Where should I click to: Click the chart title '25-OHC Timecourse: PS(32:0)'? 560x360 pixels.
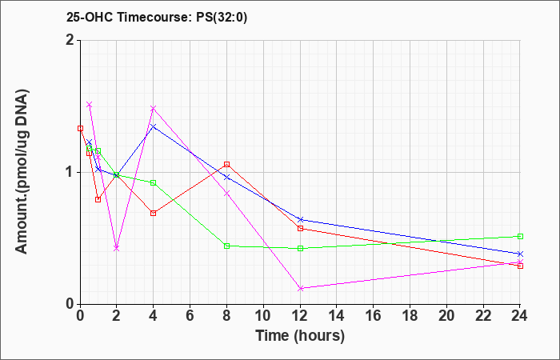[x=157, y=17]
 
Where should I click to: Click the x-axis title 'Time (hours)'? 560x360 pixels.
[x=300, y=336]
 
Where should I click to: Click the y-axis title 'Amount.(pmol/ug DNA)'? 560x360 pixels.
[x=22, y=171]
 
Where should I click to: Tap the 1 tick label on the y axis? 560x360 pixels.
[x=71, y=173]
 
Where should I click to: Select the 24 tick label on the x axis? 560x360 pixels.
[x=520, y=316]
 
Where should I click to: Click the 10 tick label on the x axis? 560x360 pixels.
[x=263, y=316]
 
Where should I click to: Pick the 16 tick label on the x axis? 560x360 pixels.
[x=374, y=316]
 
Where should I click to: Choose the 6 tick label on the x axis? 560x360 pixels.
[x=190, y=316]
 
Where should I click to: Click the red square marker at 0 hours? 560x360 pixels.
[x=80, y=128]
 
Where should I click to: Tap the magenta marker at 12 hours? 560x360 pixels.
[x=300, y=288]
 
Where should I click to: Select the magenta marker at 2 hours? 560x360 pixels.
[x=117, y=248]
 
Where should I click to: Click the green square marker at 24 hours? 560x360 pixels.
[x=520, y=236]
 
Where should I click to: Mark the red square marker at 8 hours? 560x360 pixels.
[x=226, y=164]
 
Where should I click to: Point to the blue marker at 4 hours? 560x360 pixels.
[x=154, y=126]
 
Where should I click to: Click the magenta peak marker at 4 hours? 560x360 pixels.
[x=154, y=108]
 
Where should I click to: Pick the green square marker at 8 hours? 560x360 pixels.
[x=226, y=246]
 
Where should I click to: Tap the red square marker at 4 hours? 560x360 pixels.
[x=154, y=214]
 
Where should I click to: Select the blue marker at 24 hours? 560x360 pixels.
[x=520, y=254]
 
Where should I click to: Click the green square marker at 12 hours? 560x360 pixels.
[x=300, y=248]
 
